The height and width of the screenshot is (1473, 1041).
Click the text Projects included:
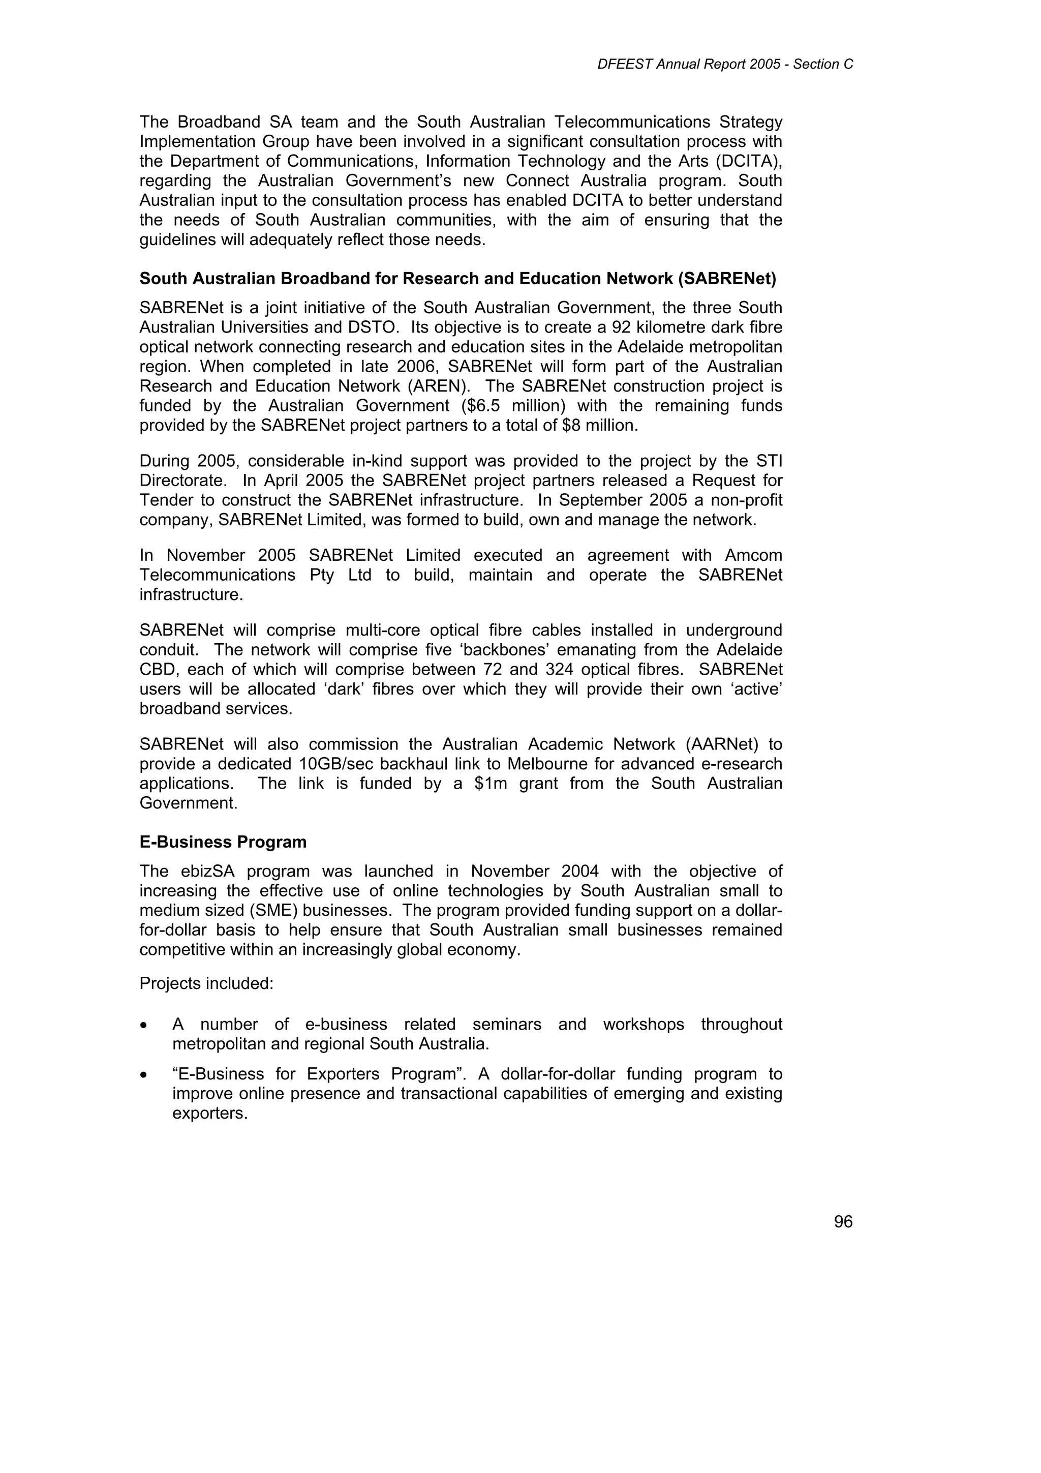206,983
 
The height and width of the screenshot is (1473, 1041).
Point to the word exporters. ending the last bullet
210,1113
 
